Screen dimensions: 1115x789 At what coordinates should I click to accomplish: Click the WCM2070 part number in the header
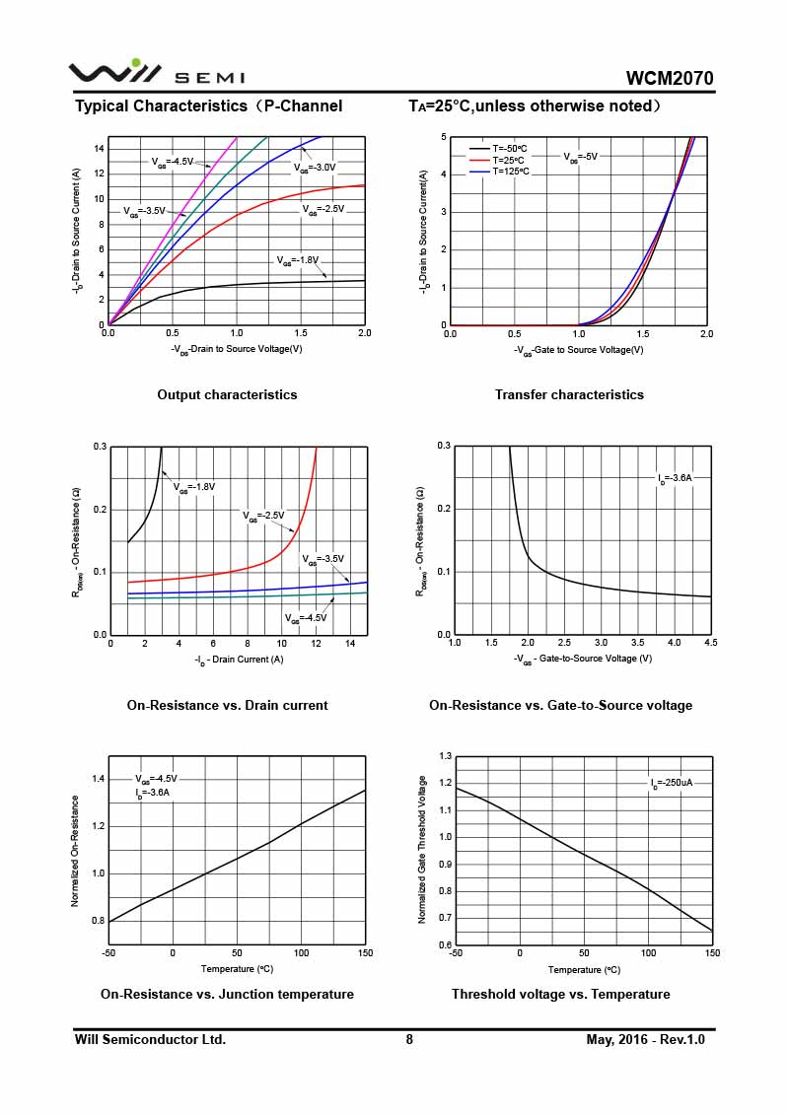click(670, 79)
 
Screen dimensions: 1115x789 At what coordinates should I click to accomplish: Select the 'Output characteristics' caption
click(227, 394)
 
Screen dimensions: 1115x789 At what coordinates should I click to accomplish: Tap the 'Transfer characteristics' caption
click(569, 394)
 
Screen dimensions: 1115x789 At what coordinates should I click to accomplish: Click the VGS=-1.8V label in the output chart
click(298, 261)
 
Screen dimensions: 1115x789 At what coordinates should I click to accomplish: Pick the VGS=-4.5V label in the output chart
click(172, 161)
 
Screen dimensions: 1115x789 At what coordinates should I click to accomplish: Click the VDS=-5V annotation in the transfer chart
click(581, 156)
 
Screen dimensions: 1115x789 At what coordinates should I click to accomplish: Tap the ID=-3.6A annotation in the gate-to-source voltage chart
click(676, 478)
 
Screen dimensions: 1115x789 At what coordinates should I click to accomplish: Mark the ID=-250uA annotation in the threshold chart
click(671, 783)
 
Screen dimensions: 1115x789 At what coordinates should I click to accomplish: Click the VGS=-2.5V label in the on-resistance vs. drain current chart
click(263, 516)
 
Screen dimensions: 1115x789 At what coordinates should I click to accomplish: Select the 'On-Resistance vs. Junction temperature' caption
click(227, 994)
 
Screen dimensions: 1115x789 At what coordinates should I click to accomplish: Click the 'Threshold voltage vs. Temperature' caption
click(560, 994)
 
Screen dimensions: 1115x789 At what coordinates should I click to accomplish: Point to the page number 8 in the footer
click(409, 1039)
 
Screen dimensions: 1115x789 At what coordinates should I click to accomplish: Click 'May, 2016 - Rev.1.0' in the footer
click(646, 1039)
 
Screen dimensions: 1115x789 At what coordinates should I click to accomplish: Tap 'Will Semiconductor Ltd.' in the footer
click(150, 1039)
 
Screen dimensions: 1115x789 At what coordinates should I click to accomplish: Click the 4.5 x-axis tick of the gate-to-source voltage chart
click(710, 643)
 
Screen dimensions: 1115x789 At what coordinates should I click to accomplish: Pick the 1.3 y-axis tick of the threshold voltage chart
click(445, 756)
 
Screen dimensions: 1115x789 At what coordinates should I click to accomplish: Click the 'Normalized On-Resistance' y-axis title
click(75, 851)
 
